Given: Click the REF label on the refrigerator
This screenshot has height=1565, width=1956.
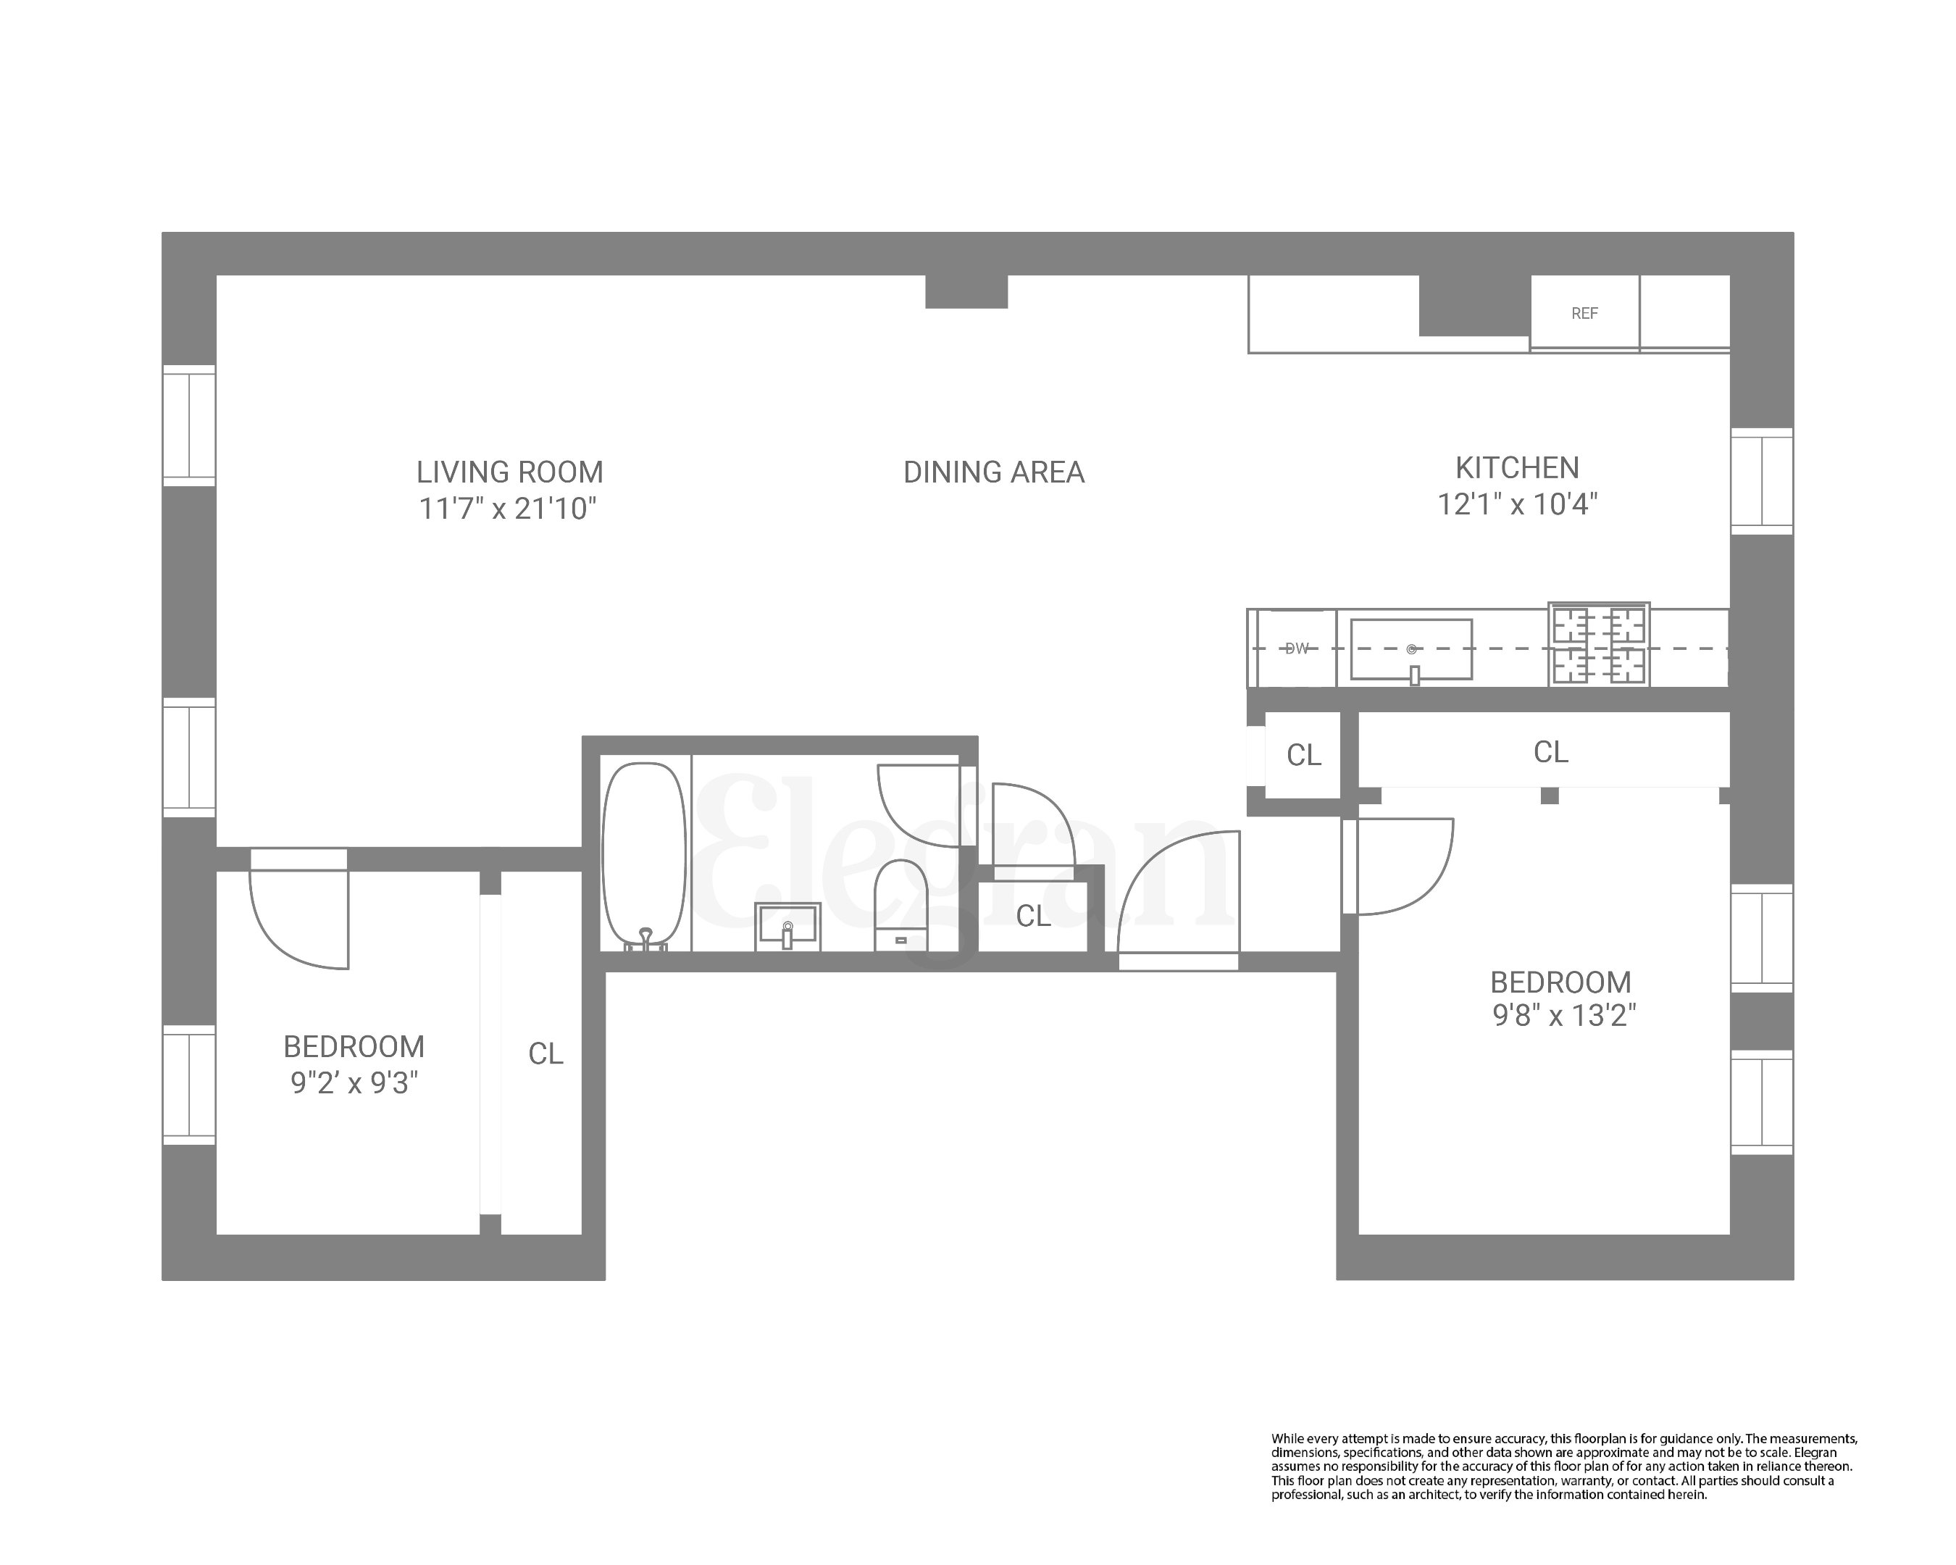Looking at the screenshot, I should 1584,314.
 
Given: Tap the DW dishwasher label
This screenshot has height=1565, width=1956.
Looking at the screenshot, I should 1297,648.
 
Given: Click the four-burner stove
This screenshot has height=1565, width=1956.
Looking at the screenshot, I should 1599,645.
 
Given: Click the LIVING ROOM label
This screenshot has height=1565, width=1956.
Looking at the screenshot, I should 509,472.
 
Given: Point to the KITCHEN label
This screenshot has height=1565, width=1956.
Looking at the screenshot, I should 1517,468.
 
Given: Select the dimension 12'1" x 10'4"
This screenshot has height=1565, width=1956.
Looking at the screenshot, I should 1517,504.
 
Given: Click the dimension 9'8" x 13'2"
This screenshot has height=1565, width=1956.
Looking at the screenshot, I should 1563,1015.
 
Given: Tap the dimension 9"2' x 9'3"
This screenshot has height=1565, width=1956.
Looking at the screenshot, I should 354,1083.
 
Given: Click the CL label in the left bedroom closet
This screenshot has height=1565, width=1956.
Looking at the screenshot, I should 546,1053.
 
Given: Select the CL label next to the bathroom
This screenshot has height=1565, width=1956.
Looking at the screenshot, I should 1032,917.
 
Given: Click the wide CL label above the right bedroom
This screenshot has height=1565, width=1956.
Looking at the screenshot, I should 1550,752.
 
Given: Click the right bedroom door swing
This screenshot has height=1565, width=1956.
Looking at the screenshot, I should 1402,867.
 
